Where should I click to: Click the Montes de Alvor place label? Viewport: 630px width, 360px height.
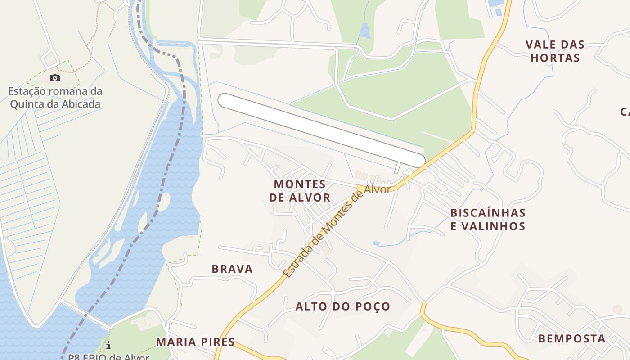pos(300,191)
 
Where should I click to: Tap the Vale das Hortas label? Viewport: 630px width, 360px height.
pos(555,51)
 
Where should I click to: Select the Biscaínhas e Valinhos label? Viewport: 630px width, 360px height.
pos(488,219)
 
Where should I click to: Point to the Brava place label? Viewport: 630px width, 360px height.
pos(232,269)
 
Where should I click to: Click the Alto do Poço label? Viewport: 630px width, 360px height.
pos(342,306)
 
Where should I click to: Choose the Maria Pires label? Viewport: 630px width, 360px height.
pos(195,342)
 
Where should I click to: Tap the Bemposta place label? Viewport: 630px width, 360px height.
pos(571,338)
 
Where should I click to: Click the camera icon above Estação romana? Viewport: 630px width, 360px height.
pos(54,78)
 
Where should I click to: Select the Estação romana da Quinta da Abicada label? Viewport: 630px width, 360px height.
pos(55,98)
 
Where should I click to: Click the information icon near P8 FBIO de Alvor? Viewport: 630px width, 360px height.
pos(108,345)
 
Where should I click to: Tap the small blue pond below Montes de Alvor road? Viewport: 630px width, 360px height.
pos(376,244)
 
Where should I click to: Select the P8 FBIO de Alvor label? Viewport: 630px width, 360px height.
pos(109,357)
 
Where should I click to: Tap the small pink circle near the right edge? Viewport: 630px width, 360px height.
pos(617,309)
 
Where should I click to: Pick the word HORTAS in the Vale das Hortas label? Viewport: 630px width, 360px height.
pos(555,58)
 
